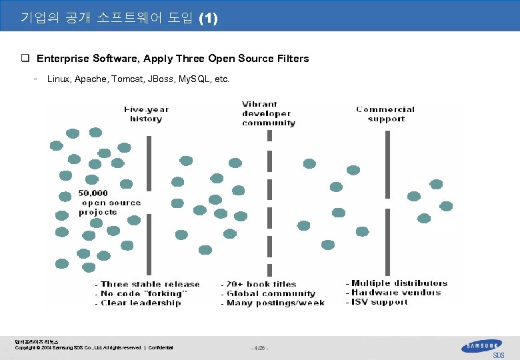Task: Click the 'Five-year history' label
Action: pos(145,114)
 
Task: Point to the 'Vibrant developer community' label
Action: pos(269,113)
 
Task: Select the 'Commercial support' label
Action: pos(385,114)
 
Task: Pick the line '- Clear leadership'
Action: pos(137,303)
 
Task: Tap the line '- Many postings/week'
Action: pos(273,303)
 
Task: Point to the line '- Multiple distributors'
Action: pos(396,283)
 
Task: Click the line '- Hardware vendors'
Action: pos(393,292)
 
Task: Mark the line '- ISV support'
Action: pos(376,301)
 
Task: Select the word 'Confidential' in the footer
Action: pos(161,348)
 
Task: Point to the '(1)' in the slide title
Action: pos(207,18)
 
